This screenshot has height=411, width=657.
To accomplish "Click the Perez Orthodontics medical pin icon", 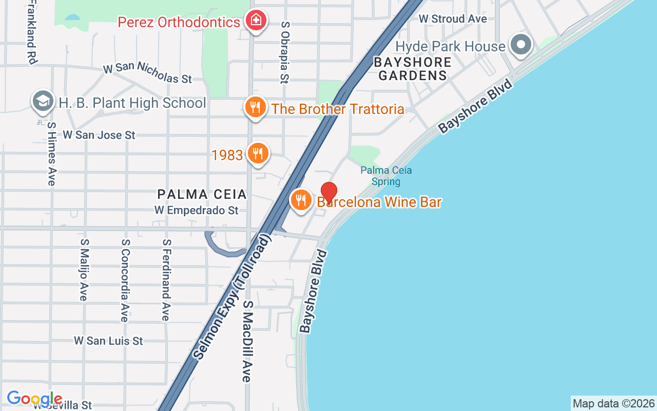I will pyautogui.click(x=255, y=21).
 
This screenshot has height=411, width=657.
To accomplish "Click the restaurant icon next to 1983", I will pyautogui.click(x=258, y=154).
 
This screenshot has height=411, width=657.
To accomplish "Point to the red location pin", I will pyautogui.click(x=328, y=193).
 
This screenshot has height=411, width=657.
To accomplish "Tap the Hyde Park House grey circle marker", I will pyautogui.click(x=521, y=45).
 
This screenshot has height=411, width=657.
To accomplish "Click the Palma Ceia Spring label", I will pyautogui.click(x=386, y=176).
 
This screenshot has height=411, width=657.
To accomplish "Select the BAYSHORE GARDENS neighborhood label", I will pyautogui.click(x=413, y=69).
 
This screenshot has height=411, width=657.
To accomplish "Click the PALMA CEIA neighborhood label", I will pyautogui.click(x=202, y=194).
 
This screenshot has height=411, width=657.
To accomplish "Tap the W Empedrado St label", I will pyautogui.click(x=197, y=211).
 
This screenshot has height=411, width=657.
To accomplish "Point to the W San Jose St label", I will pyautogui.click(x=99, y=135).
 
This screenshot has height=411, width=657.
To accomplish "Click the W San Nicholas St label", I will pyautogui.click(x=147, y=73).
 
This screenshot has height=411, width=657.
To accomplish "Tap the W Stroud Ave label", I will pyautogui.click(x=453, y=19).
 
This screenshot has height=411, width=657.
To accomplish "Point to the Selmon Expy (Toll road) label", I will pyautogui.click(x=231, y=298).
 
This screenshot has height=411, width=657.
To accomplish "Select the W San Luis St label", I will pyautogui.click(x=108, y=341).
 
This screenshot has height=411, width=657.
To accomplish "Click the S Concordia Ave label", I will pyautogui.click(x=124, y=280).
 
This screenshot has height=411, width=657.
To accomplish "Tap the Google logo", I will pyautogui.click(x=34, y=399).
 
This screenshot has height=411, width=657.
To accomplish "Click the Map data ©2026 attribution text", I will pyautogui.click(x=613, y=404).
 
